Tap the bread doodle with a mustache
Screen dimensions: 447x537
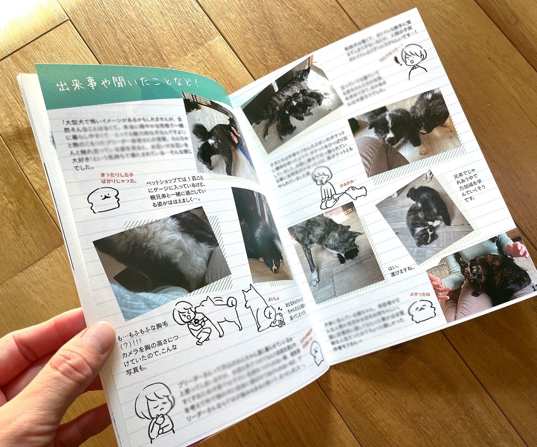(x=103, y=200)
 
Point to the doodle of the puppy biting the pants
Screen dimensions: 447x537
(x=336, y=189)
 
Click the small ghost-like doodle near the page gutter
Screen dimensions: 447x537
(x=316, y=352)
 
